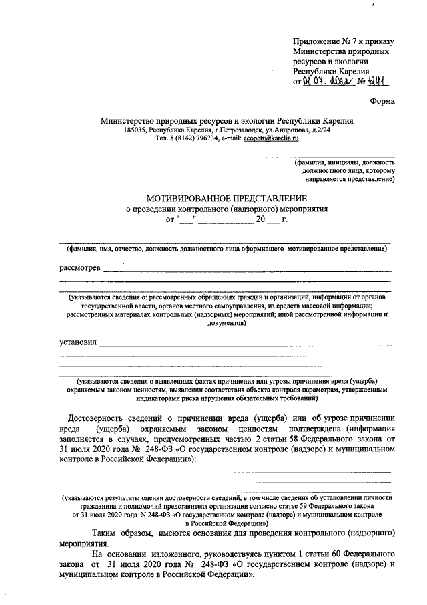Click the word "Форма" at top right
(x=382, y=101)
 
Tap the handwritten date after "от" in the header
(x=327, y=82)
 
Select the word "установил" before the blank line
(x=78, y=343)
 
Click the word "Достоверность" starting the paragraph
(x=102, y=416)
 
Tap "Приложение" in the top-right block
(x=316, y=42)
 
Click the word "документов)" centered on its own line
(x=225, y=322)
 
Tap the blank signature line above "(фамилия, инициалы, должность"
(x=321, y=157)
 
